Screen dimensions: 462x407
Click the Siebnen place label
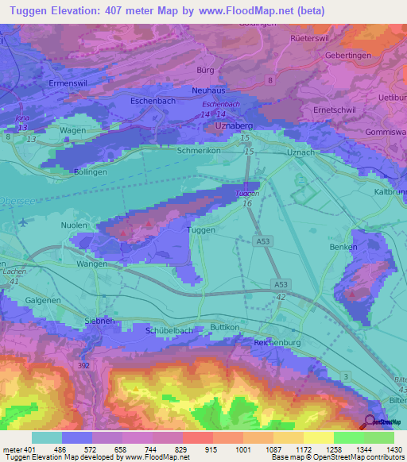(x=102, y=321)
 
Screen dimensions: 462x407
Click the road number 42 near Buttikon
(x=281, y=296)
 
